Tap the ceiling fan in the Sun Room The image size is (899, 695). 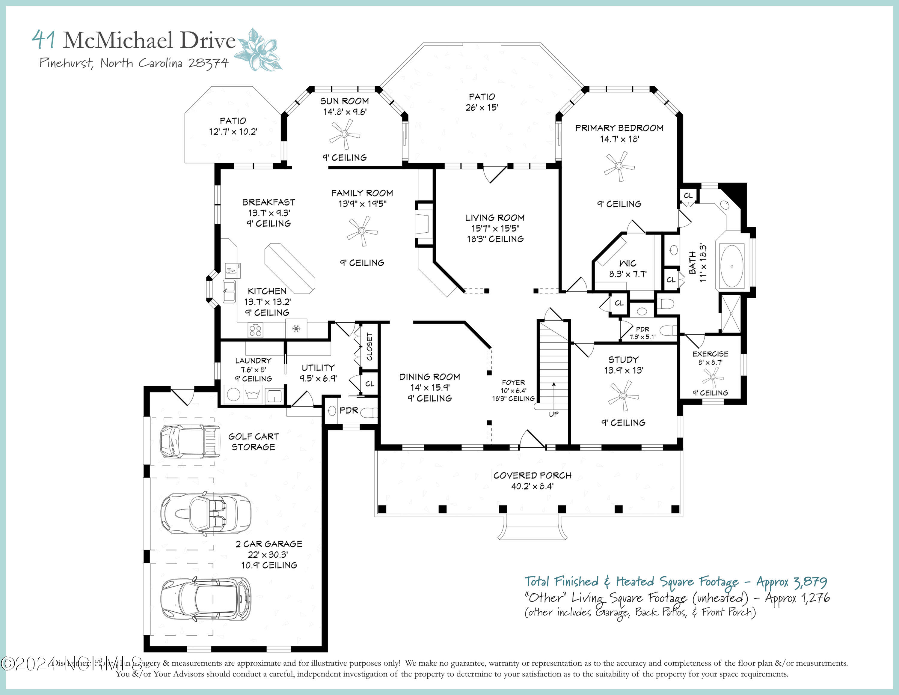point(345,134)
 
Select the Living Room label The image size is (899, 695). point(495,218)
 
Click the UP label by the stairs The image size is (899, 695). point(554,414)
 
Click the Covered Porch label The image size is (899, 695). point(532,476)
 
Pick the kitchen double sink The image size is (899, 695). point(229,291)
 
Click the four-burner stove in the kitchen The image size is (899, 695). point(255,330)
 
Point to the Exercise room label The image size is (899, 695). point(710,354)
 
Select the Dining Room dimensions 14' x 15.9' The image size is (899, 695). point(430,387)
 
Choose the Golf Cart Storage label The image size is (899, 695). point(253,441)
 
